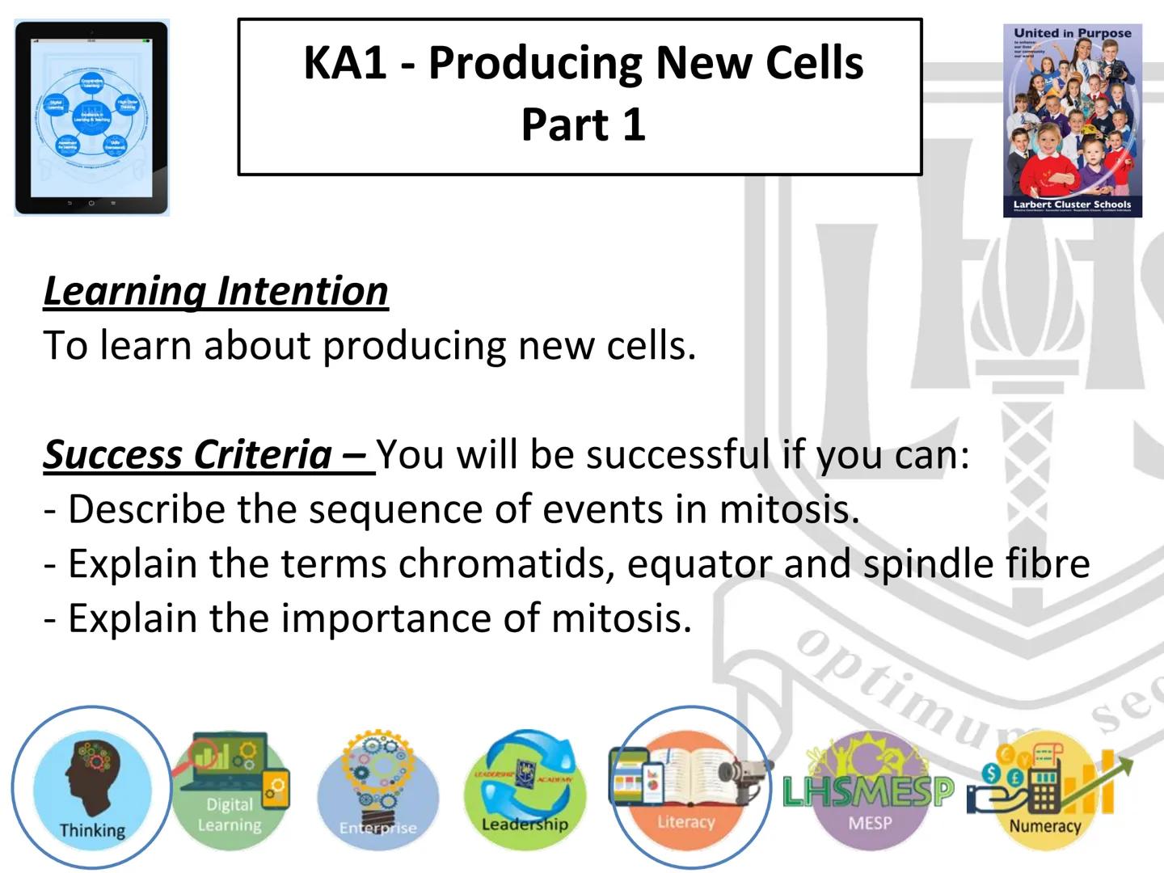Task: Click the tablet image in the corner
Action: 91,118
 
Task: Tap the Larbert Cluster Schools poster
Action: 1073,120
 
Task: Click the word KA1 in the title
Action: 345,63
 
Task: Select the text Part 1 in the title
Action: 583,125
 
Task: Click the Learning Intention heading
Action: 216,291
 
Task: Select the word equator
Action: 699,563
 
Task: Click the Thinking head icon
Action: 91,788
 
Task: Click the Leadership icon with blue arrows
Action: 525,788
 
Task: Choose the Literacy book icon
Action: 688,788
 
